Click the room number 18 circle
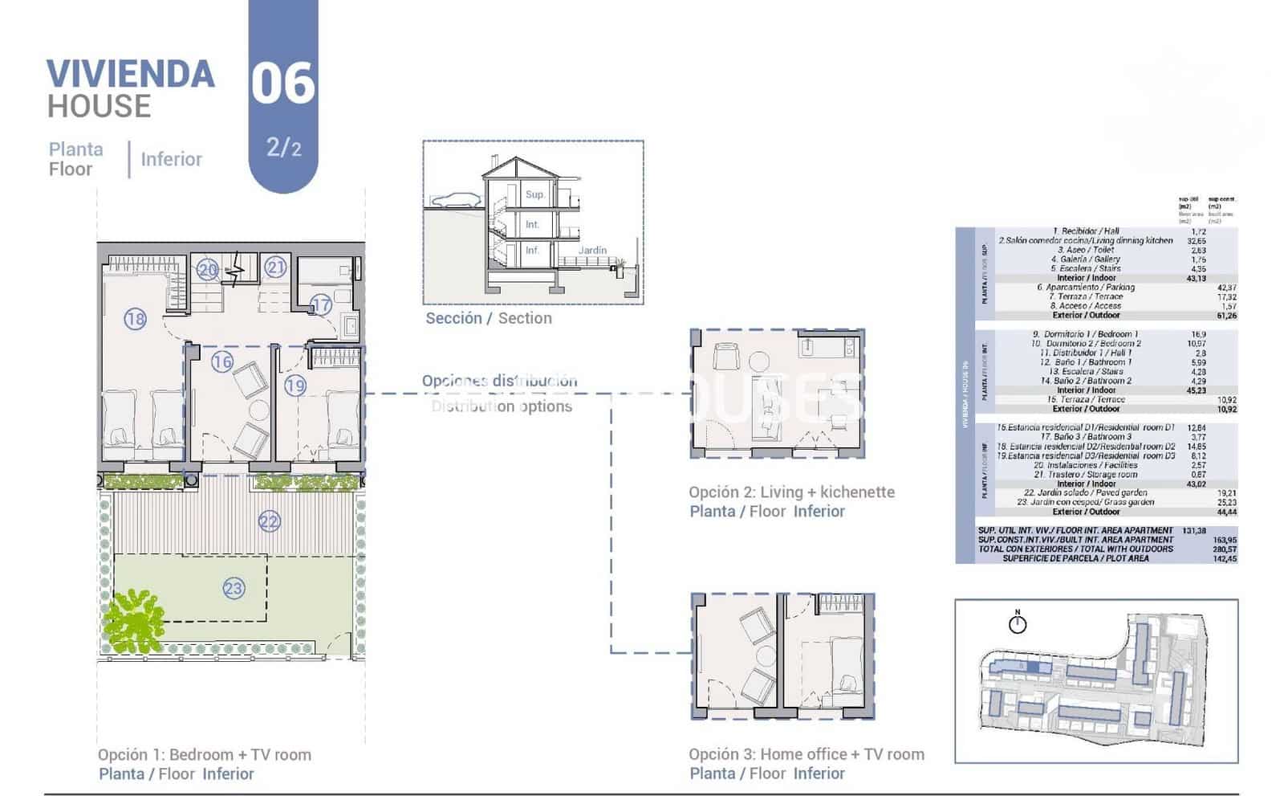coord(135,319)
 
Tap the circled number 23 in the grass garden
coord(233,589)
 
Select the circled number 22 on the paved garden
coord(269,522)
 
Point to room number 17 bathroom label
coord(321,304)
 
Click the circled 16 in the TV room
coord(222,361)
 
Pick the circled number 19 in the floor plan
coord(295,386)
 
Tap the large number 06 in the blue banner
coord(282,84)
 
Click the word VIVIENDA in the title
coord(131,74)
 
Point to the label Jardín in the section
coord(592,251)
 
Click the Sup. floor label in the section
coord(534,194)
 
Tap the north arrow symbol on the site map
coord(1018,623)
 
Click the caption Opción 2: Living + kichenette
coord(791,492)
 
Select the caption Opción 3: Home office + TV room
coord(806,754)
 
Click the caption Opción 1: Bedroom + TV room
coord(205,755)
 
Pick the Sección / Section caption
coord(488,318)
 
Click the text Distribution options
coord(502,406)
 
